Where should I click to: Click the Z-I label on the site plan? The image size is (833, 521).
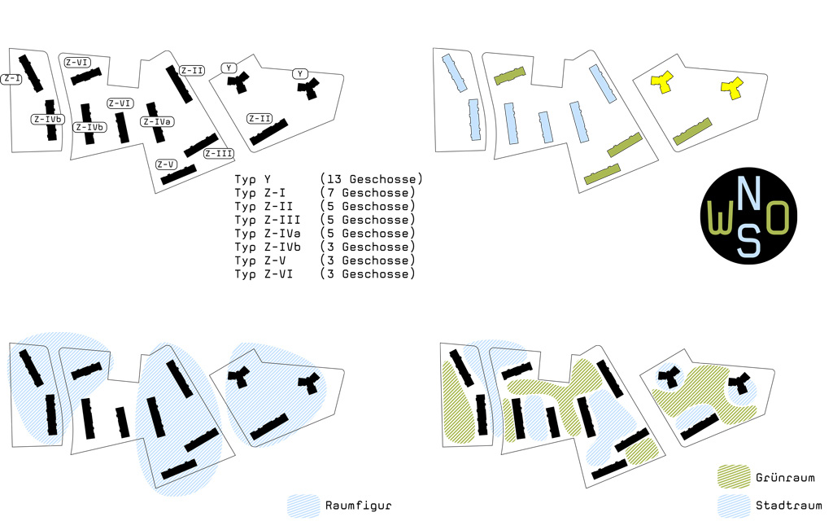[x=11, y=79]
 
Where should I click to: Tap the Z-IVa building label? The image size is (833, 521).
[x=157, y=122]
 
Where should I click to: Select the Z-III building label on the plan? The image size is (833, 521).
[x=219, y=154]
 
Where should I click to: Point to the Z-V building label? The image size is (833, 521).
[x=166, y=164]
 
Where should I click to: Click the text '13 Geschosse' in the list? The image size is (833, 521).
[x=371, y=179]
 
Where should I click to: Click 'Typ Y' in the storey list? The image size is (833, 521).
[x=253, y=180]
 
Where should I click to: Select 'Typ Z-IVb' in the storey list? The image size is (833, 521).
[x=268, y=247]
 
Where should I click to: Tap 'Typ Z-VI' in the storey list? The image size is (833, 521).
[x=264, y=274]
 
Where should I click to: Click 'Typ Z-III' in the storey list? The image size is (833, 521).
[x=268, y=220]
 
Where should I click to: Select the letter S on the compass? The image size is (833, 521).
[x=748, y=240]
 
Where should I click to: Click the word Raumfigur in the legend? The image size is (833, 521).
[x=358, y=506]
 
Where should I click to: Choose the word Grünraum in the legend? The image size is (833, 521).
[x=785, y=477]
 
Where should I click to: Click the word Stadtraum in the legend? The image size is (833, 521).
[x=788, y=505]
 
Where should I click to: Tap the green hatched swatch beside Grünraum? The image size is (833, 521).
[x=734, y=476]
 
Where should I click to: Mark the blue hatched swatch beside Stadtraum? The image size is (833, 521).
[x=734, y=506]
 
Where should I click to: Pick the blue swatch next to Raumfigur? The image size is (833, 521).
[x=303, y=506]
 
